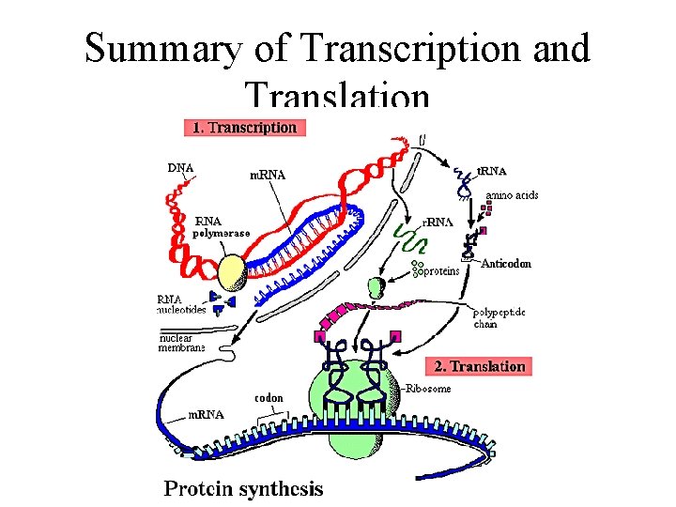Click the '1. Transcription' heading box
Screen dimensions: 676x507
244,127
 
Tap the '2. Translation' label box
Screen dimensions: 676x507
480,366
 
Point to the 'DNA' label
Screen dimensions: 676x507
181,168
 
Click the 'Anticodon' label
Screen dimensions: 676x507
506,264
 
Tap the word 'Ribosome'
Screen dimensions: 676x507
429,388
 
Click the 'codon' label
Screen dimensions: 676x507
269,397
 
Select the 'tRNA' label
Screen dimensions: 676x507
491,171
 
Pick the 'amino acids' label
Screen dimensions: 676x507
512,195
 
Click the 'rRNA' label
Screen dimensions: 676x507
438,223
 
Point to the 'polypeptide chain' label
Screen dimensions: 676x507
497,317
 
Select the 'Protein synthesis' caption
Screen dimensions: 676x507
243,488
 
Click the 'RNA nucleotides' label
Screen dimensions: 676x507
180,305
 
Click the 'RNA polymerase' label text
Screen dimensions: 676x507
222,227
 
